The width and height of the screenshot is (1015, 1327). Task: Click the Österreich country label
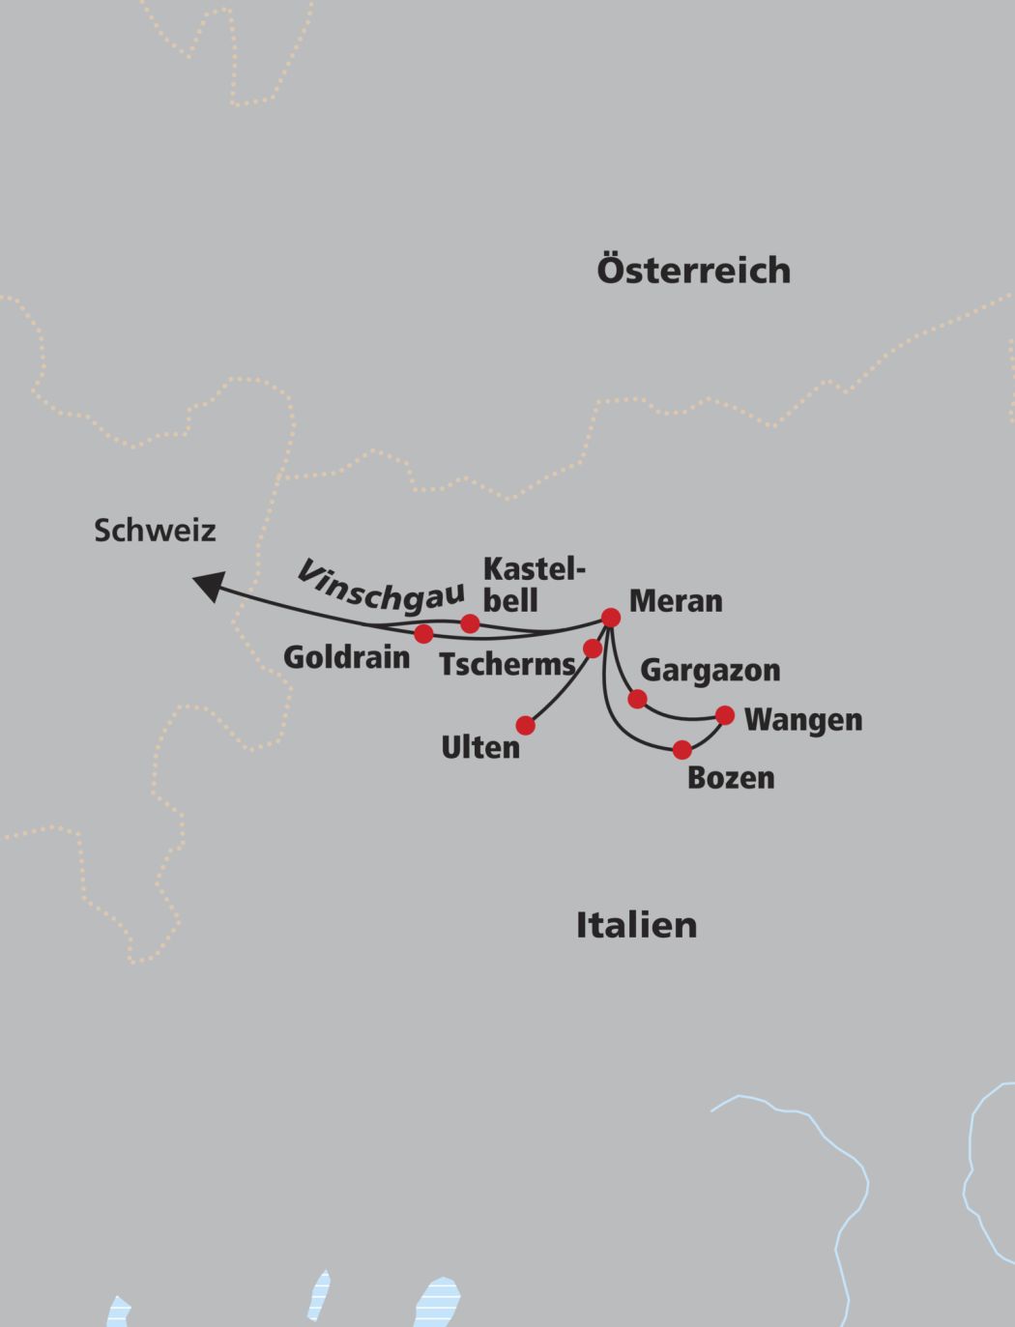point(693,270)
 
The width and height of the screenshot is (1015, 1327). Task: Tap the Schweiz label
point(155,530)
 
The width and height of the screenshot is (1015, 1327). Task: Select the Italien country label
point(636,925)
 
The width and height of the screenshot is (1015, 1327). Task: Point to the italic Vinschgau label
point(379,586)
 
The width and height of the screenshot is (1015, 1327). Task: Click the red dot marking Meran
point(611,617)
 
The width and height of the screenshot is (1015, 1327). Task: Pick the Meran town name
point(676,601)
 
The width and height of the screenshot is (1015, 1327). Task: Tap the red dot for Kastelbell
point(470,623)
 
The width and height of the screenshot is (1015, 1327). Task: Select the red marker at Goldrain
point(423,634)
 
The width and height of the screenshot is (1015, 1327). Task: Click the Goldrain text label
point(346,658)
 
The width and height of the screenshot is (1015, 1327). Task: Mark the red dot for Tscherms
point(593,648)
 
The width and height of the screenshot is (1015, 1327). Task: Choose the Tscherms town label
point(507,665)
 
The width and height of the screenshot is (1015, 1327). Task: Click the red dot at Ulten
point(525,725)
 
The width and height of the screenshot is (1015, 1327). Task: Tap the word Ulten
point(480,748)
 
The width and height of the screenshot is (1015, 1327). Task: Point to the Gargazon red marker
point(637,699)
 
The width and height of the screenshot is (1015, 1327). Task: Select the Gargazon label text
point(710,671)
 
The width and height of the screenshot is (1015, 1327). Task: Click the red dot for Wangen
point(725,715)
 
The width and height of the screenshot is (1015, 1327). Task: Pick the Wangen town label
point(803,720)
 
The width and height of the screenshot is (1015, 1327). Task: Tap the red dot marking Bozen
point(682,750)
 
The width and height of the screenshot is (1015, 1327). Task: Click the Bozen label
point(731,778)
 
